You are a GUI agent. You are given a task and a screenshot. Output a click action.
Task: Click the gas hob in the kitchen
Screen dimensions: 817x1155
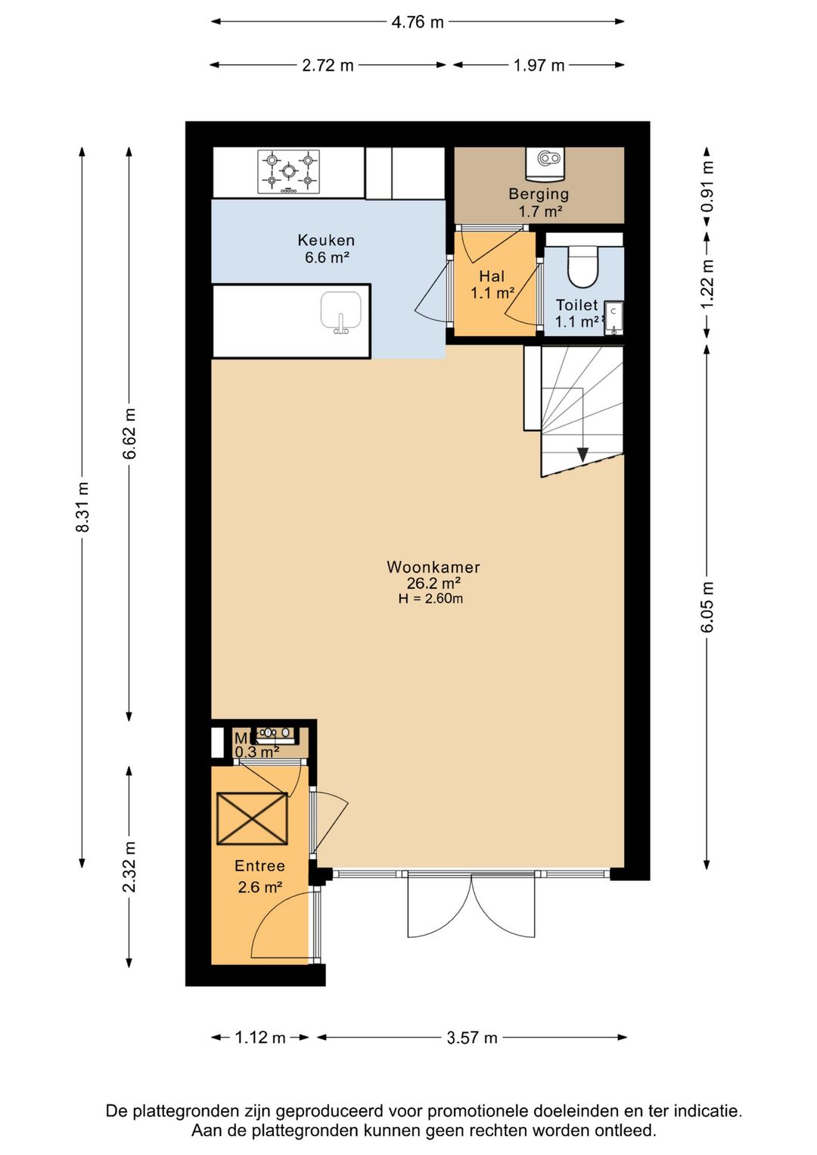(x=288, y=173)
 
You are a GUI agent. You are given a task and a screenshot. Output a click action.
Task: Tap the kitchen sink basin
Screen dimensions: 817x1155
(x=340, y=311)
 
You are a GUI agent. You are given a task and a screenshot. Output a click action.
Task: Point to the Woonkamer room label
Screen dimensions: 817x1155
(x=433, y=567)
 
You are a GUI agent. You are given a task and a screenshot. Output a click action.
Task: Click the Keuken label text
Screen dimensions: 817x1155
(x=326, y=240)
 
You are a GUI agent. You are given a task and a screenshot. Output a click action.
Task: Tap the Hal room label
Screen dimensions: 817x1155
(x=492, y=276)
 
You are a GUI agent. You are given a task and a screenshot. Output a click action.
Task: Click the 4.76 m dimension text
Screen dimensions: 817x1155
(x=418, y=22)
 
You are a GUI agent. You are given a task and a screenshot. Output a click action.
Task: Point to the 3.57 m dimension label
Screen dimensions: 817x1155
(x=472, y=1038)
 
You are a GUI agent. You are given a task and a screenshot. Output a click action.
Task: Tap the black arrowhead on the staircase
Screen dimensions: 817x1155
(x=582, y=454)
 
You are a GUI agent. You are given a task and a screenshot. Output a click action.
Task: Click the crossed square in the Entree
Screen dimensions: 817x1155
(x=252, y=819)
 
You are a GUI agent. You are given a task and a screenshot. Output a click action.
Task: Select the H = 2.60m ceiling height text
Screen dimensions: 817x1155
(x=430, y=599)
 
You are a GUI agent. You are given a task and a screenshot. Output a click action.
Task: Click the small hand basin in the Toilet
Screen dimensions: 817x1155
(x=614, y=318)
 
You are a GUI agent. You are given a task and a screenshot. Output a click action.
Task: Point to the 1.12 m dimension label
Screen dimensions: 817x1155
(x=260, y=1038)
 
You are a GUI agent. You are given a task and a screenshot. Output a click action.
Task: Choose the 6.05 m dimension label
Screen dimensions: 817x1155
(x=708, y=606)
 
